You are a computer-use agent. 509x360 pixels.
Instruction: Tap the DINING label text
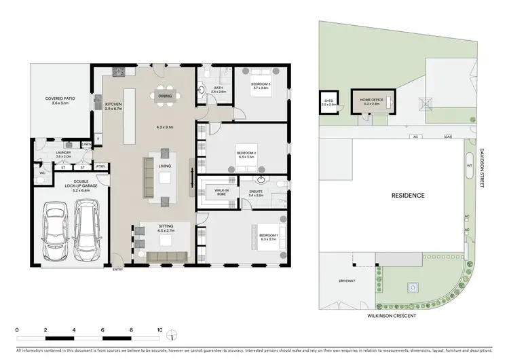165,96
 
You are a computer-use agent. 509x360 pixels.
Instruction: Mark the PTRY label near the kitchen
100,166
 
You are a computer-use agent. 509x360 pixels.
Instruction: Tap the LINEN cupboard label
86,144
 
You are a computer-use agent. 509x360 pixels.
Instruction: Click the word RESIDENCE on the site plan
408,196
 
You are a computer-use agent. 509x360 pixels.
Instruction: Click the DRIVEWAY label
347,279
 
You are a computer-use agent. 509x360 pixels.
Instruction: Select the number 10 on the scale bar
159,331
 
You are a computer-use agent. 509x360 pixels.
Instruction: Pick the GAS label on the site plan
447,136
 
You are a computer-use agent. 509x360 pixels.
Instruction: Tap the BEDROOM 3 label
262,86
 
